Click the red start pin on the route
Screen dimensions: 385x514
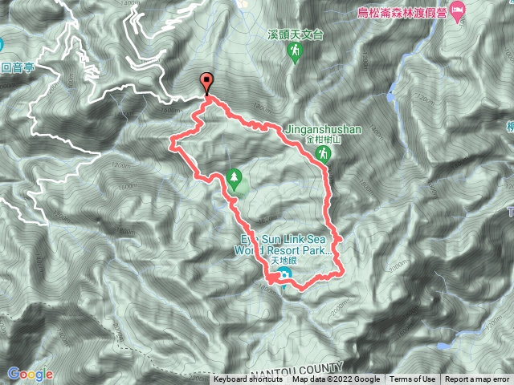207,82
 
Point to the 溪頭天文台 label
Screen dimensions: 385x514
295,34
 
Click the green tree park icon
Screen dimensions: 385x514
235,178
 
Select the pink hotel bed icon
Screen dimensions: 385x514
458,14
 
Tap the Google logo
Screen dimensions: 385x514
30,374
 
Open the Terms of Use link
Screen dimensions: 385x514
413,379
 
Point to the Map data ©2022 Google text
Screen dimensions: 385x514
336,379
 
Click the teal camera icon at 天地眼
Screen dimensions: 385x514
286,278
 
